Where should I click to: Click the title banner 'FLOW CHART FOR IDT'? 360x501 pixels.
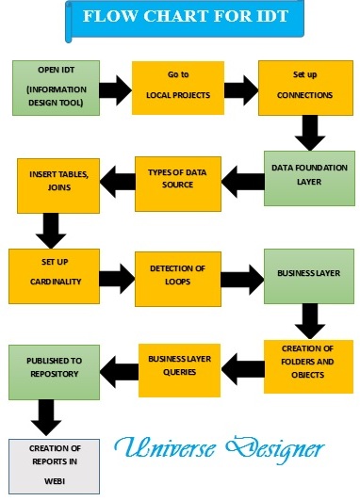pos(180,17)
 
